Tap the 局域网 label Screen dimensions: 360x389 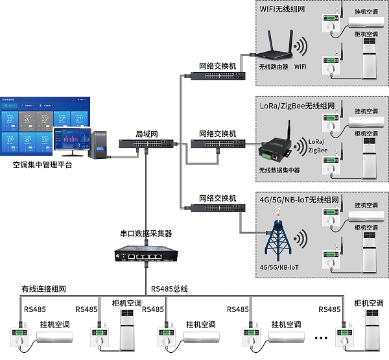click(x=147, y=134)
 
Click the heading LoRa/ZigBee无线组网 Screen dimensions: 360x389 click(x=298, y=105)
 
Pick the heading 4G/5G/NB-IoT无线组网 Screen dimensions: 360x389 click(x=299, y=198)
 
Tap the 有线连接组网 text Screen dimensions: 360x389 click(x=44, y=289)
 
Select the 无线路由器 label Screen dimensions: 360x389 click(x=273, y=67)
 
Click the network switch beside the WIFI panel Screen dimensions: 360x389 click(x=218, y=76)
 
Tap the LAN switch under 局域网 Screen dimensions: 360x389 click(x=147, y=144)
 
